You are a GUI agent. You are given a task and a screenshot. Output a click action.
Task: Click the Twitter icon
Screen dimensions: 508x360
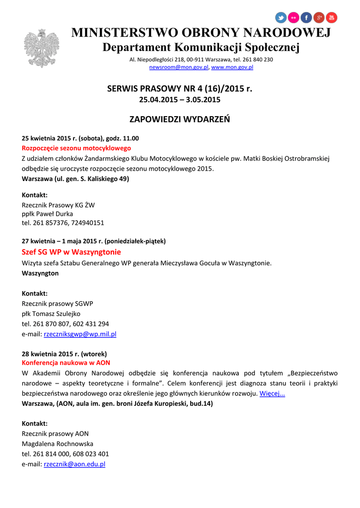(x=281, y=17)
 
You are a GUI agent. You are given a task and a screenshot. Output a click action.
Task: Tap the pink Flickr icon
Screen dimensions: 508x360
(x=294, y=17)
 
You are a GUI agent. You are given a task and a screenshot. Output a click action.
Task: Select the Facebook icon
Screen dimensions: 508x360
(x=306, y=17)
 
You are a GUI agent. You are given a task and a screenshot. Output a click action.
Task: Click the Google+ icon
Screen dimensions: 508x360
(x=319, y=17)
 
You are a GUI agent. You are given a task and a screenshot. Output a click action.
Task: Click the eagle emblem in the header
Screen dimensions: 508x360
(x=41, y=48)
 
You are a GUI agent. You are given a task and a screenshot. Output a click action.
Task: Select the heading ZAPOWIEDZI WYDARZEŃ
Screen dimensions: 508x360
(x=180, y=120)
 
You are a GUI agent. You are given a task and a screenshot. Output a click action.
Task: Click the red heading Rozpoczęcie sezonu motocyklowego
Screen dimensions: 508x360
(x=76, y=148)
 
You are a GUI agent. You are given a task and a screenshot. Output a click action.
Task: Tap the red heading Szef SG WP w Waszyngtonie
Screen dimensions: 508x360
(x=72, y=252)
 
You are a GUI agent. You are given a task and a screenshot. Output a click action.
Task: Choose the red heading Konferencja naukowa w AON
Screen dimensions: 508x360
(x=66, y=363)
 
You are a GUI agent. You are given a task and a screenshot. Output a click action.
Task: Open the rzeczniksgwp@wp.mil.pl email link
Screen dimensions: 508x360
(x=80, y=334)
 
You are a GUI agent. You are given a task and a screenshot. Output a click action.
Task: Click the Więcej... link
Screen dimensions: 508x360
(x=272, y=393)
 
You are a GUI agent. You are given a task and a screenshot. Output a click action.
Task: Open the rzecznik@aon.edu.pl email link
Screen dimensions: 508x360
(x=74, y=464)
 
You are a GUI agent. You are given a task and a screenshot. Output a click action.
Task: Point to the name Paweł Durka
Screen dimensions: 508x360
(x=55, y=214)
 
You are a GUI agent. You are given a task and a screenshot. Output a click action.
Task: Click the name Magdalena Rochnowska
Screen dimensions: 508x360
(x=58, y=444)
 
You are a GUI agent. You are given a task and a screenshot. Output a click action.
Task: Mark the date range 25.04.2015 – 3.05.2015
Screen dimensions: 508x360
(x=180, y=100)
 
